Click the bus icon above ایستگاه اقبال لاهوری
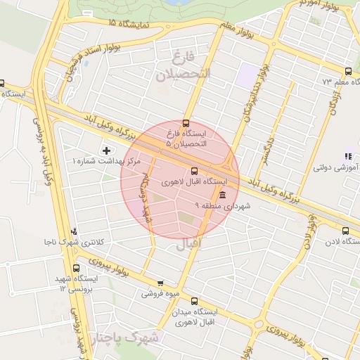(x=195, y=170)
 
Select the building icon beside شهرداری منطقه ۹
(x=223, y=195)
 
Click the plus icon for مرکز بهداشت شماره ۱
(x=106, y=150)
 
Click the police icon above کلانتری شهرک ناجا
(x=75, y=231)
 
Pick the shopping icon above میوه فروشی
(x=160, y=283)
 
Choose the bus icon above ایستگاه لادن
(x=345, y=230)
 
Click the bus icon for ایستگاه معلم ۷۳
(x=349, y=71)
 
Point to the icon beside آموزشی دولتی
(x=347, y=156)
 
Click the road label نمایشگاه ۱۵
(x=129, y=23)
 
